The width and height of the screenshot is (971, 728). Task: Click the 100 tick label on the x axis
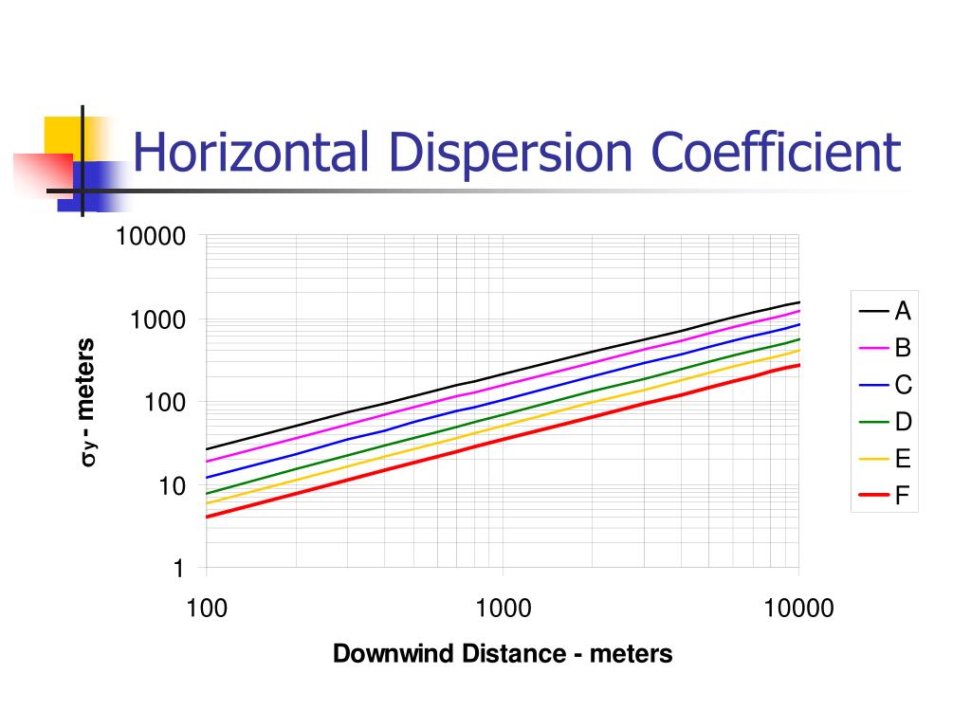pos(207,608)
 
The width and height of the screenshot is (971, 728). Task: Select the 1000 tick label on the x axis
pos(503,608)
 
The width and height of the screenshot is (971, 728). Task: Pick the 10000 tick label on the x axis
pos(798,608)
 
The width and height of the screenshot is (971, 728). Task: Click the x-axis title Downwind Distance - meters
pos(503,653)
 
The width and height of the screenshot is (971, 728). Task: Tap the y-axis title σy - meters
pos(87,402)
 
